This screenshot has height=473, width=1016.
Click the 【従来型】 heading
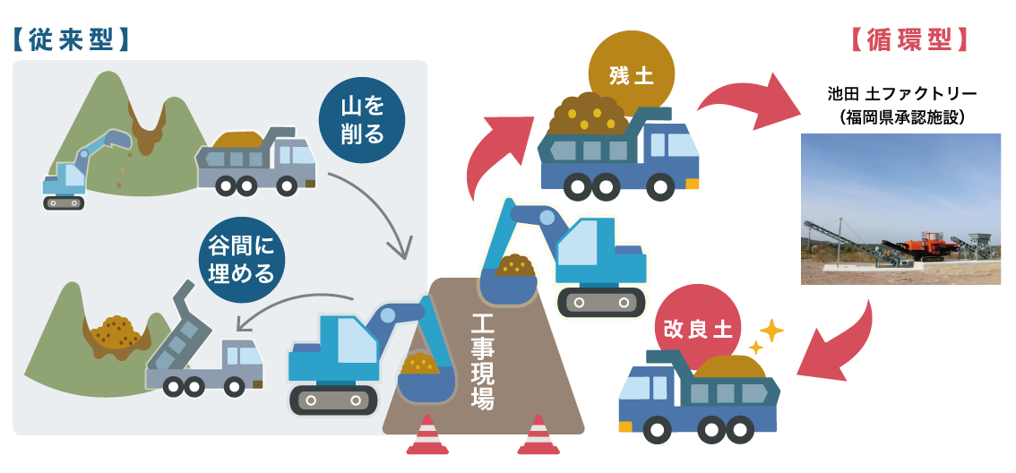point(72,39)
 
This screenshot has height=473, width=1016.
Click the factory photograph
point(900,209)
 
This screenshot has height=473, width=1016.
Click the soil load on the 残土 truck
point(591,112)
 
